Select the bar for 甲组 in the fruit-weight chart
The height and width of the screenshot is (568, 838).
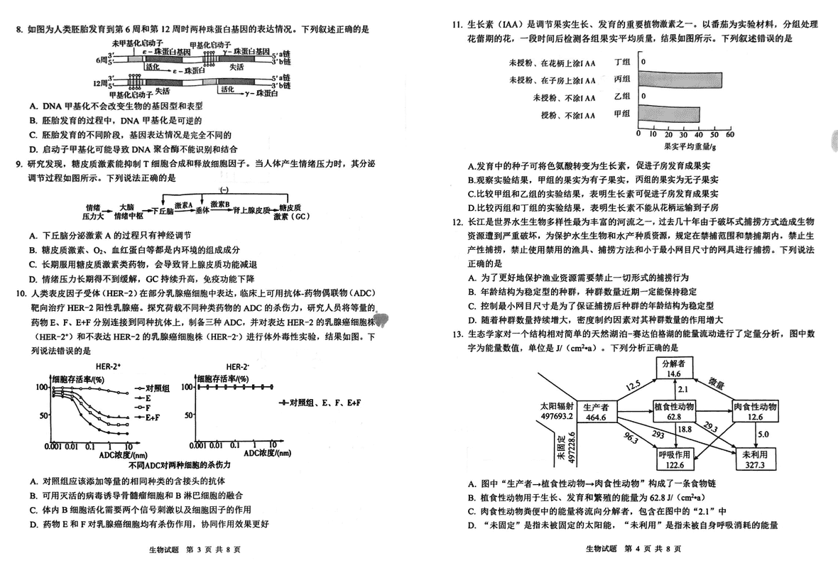(x=669, y=113)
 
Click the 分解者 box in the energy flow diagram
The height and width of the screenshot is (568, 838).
(x=674, y=368)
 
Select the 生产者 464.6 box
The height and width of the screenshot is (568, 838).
(x=596, y=413)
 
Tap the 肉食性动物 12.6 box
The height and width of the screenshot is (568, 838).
(x=753, y=412)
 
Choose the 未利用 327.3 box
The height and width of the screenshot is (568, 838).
(x=753, y=459)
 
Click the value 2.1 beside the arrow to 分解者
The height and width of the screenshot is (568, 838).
(x=682, y=390)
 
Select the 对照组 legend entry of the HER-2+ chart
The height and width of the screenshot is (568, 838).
(x=156, y=388)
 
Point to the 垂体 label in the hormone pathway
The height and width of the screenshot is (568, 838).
(x=202, y=210)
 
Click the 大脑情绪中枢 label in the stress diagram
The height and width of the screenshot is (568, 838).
(x=126, y=211)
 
